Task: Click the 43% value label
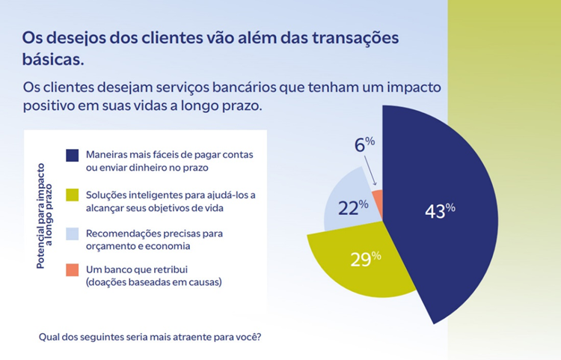click(x=440, y=210)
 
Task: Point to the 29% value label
click(x=366, y=259)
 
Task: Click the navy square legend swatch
click(x=72, y=156)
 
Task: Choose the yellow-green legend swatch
click(x=72, y=196)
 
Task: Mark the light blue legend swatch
click(x=72, y=234)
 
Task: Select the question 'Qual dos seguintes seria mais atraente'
click(x=150, y=336)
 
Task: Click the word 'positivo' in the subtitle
click(x=51, y=106)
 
